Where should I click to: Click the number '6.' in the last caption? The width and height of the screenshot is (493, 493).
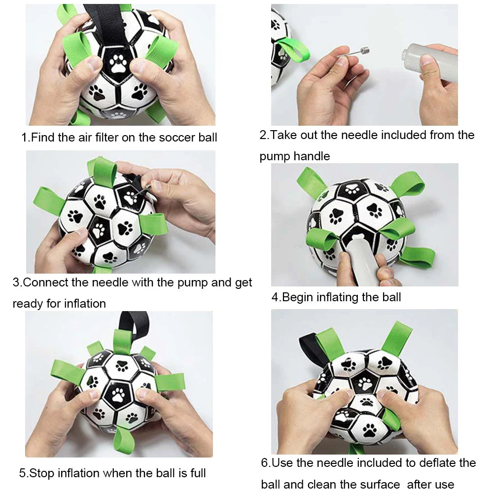(x=266, y=463)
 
